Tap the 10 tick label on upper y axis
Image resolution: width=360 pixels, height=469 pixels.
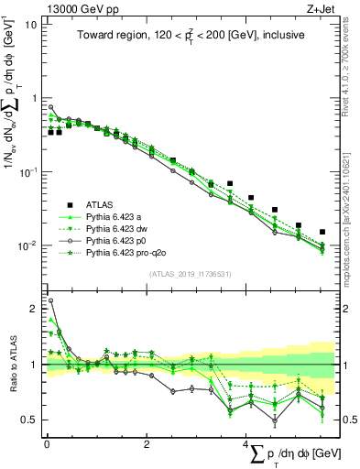[29, 25]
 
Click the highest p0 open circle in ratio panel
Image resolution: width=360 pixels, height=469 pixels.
[50, 300]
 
